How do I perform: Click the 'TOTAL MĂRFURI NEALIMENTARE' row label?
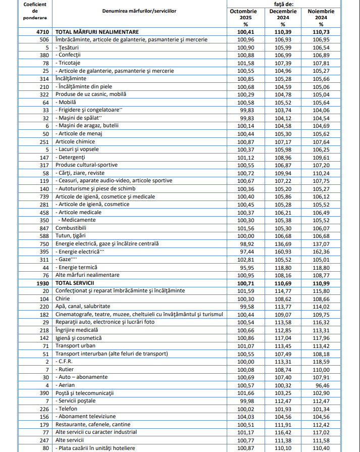(97, 31)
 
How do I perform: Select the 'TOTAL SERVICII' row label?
(75, 283)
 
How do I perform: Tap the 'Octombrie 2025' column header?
(243, 18)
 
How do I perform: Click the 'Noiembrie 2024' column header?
(322, 18)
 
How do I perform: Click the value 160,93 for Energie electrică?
(283, 251)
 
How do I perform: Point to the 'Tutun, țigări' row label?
(72, 236)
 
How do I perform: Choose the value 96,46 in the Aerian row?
(322, 385)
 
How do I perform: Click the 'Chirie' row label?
(63, 298)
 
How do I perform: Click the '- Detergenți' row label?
(73, 157)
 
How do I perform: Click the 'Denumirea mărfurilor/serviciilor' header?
(139, 10)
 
